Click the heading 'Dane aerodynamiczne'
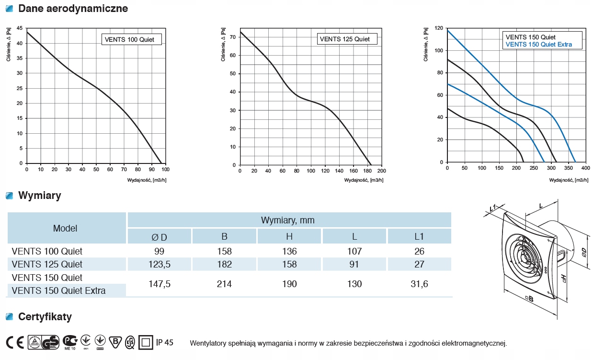click(73, 9)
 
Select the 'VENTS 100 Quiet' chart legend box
click(131, 39)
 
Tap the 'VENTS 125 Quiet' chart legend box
click(346, 39)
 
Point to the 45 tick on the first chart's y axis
click(19, 28)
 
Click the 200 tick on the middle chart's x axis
click(382, 171)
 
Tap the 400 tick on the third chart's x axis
click(585, 168)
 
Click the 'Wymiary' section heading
click(39, 196)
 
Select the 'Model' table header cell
click(65, 228)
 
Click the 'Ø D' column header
click(159, 236)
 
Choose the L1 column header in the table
click(419, 236)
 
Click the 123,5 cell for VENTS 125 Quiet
click(159, 264)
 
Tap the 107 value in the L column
click(354, 251)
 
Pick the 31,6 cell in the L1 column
click(419, 284)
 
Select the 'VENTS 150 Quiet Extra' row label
click(58, 290)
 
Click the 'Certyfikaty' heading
click(45, 317)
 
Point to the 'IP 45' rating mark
click(165, 342)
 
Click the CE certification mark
click(15, 342)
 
